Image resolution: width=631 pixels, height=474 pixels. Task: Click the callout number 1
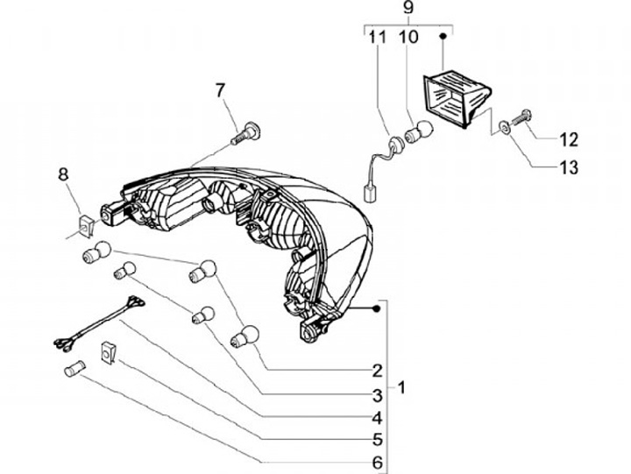coord(401,386)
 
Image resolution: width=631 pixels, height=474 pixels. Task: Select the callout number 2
coord(377,369)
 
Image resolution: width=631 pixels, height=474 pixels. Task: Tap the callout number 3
coord(377,394)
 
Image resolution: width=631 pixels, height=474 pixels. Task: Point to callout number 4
coord(377,418)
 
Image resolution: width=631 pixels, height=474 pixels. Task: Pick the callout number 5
coord(377,440)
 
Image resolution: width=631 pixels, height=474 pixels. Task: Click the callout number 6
coord(377,462)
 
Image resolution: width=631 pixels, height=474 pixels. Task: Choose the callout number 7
coord(220,90)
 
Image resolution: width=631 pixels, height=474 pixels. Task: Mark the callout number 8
coord(63,173)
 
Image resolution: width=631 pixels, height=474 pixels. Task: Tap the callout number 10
coord(408,39)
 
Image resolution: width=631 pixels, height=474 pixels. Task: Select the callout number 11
coord(377,39)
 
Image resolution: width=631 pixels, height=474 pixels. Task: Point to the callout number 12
coord(569,139)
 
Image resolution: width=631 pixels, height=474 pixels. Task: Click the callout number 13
coord(569,167)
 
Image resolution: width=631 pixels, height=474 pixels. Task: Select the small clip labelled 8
coord(84,226)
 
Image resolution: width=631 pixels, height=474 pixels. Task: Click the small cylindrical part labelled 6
coord(73,367)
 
